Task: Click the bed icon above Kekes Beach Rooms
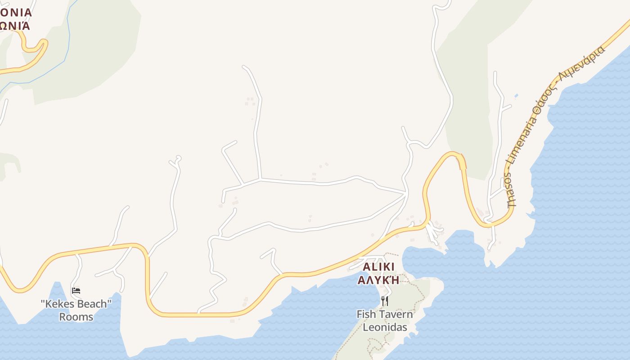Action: coord(76,290)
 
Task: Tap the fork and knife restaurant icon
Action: coord(385,301)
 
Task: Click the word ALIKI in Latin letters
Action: coord(378,267)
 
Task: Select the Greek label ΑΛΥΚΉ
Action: coord(378,280)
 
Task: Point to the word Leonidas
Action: coord(385,327)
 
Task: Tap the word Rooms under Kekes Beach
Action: coord(76,317)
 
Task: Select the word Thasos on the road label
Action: coord(511,189)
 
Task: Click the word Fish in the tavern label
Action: coord(365,314)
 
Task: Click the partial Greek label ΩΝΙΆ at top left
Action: coord(15,25)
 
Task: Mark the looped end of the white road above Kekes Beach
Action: coord(177,158)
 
